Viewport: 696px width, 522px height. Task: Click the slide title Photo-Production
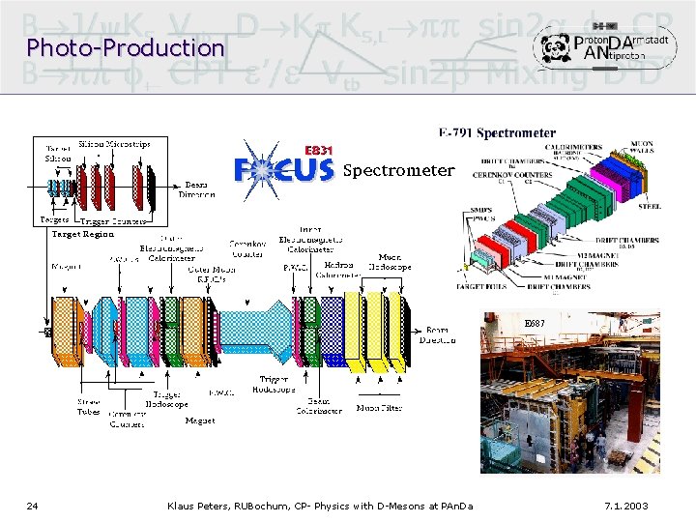click(126, 46)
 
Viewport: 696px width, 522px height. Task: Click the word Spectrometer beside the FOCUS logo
click(398, 171)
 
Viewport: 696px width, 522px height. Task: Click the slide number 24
click(32, 506)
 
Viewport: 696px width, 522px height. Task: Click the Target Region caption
click(82, 234)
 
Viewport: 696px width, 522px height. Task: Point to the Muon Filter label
click(380, 408)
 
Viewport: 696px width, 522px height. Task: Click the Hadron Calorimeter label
click(338, 269)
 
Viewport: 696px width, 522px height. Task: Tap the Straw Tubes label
click(88, 407)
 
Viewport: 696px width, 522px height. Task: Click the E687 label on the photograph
click(535, 323)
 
